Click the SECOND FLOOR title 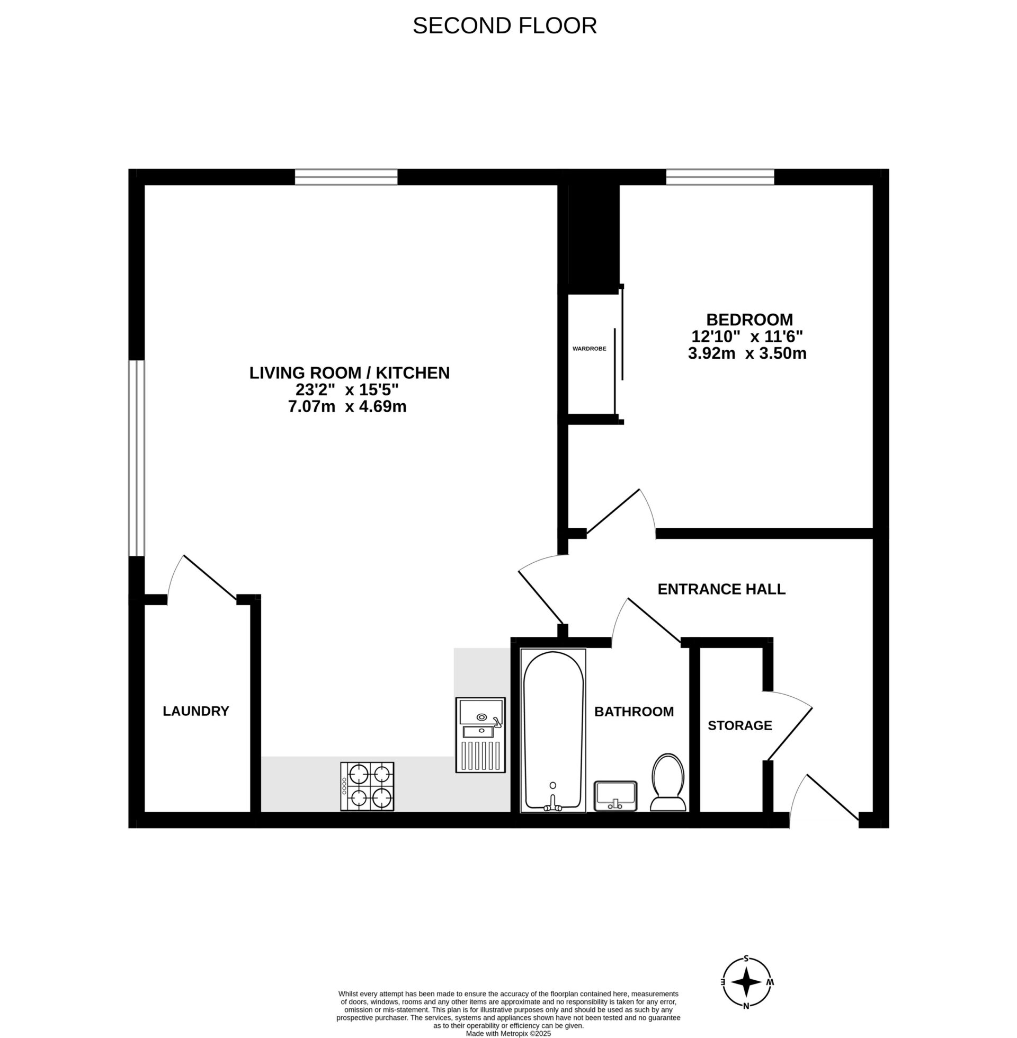point(504,25)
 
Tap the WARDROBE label point(589,349)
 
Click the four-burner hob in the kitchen point(367,786)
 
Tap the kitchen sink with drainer point(480,734)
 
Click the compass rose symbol point(746,981)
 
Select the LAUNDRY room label point(195,711)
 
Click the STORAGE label point(740,725)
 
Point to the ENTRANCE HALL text point(721,589)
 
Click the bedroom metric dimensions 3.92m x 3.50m point(747,353)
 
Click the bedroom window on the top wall point(719,177)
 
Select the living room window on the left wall point(136,458)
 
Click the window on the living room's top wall point(346,177)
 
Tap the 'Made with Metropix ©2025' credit point(508,1034)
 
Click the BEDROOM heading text point(750,320)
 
